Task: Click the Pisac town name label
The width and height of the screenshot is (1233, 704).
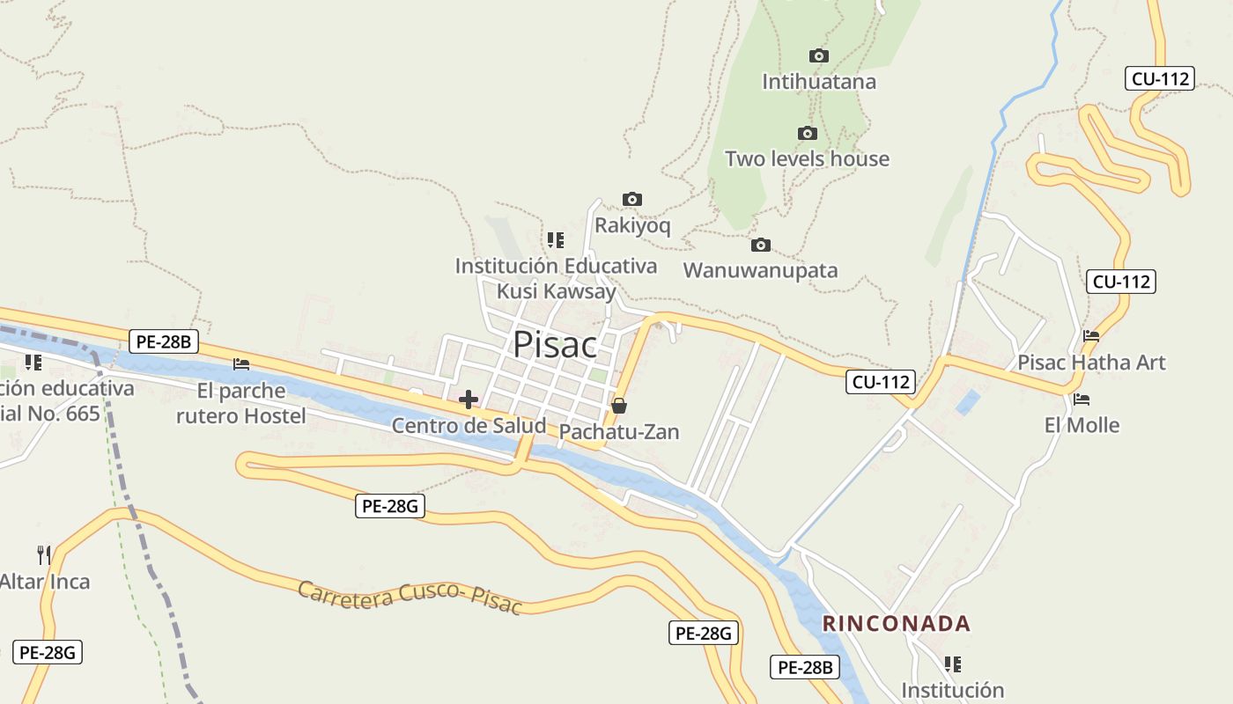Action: tap(555, 345)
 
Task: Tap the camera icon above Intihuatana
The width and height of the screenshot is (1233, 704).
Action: tap(819, 56)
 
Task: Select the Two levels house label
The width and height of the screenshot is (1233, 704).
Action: tap(807, 159)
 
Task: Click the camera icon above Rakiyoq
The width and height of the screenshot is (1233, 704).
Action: tap(632, 200)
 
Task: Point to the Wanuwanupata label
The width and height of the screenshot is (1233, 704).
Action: tap(760, 270)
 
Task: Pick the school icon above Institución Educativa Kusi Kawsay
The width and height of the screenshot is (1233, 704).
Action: tap(555, 239)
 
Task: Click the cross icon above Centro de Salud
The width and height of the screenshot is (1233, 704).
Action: tap(469, 400)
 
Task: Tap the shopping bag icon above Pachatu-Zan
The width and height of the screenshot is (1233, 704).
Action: tap(619, 406)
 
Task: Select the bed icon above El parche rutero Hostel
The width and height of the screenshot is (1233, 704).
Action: tap(241, 364)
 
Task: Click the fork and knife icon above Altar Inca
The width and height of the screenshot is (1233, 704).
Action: tap(44, 554)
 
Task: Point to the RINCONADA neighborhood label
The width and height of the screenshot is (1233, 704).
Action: tap(897, 624)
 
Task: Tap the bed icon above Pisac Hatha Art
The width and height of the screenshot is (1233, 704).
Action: tap(1091, 336)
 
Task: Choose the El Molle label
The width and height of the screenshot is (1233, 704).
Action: tap(1082, 426)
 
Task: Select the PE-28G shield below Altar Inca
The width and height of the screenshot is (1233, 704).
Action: tap(48, 652)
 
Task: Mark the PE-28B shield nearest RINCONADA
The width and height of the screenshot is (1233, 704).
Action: tap(805, 667)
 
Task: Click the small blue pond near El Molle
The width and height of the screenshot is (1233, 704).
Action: tap(968, 402)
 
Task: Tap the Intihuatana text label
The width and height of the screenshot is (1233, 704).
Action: tap(819, 82)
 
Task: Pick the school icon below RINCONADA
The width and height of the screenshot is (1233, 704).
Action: tap(952, 664)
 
